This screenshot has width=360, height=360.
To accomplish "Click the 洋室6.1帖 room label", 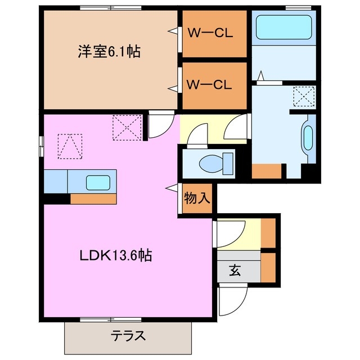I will tap(109, 52).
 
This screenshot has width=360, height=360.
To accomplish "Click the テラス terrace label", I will tap(128, 337).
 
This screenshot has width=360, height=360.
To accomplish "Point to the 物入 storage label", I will tap(197, 198).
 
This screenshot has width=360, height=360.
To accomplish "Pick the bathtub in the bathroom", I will tap(284, 26).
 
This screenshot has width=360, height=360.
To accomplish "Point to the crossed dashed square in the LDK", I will tap(126, 126).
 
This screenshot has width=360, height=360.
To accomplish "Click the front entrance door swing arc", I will tap(231, 301).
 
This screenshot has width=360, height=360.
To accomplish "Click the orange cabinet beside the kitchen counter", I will tap(93, 199).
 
